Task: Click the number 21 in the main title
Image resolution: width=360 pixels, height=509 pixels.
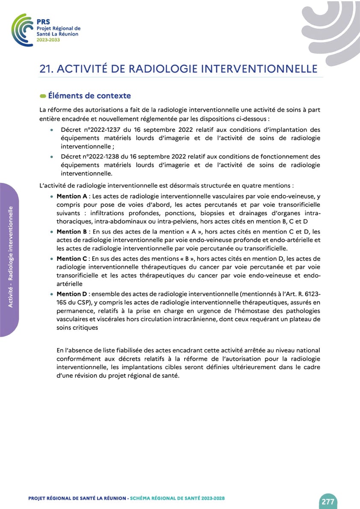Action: pyautogui.click(x=46, y=69)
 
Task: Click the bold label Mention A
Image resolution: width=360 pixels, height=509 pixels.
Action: pyautogui.click(x=72, y=196)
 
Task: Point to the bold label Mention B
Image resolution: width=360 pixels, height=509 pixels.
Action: pyautogui.click(x=72, y=232)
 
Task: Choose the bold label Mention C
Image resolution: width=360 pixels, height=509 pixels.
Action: pyautogui.click(x=72, y=259)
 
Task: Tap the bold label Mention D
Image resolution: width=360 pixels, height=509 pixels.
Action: pyautogui.click(x=72, y=294)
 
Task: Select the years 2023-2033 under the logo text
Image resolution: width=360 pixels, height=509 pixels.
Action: pyautogui.click(x=48, y=39)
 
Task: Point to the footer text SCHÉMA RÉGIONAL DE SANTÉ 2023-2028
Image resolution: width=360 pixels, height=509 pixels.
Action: pyautogui.click(x=177, y=499)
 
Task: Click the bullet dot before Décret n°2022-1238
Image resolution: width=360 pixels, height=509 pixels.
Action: pyautogui.click(x=52, y=157)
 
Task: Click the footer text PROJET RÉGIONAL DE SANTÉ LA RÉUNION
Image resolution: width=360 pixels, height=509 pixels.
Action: pyautogui.click(x=77, y=499)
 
